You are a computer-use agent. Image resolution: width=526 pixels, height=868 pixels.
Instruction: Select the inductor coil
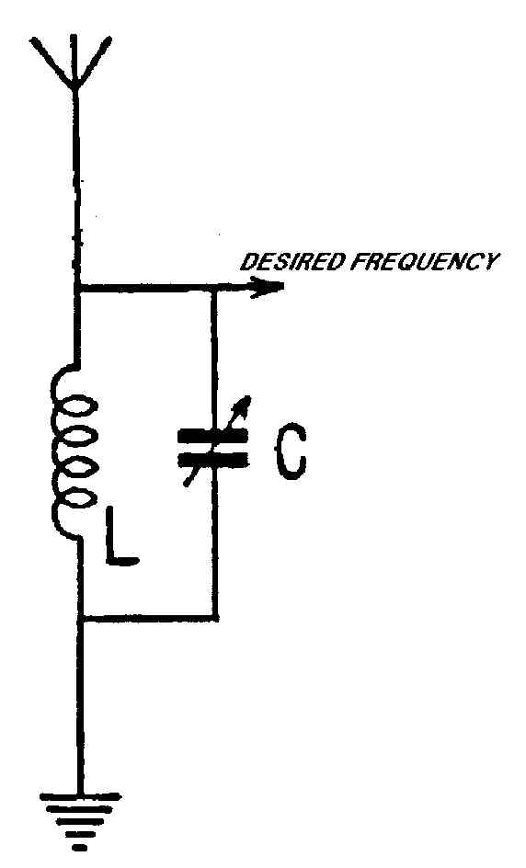coord(74,451)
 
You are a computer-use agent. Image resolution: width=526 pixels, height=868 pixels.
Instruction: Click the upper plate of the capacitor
coord(212,437)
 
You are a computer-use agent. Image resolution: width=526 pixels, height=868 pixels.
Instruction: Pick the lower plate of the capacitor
coord(212,460)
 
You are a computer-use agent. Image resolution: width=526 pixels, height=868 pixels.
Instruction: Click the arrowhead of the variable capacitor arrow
coord(245,404)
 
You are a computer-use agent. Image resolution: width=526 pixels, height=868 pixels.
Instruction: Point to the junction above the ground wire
coord(81,617)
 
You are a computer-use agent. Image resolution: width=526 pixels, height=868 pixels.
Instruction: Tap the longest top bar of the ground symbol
coord(81,798)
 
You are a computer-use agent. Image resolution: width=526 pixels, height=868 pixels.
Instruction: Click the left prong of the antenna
coord(52,62)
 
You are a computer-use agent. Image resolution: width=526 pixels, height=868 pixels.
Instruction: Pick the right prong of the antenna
coord(94,61)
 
